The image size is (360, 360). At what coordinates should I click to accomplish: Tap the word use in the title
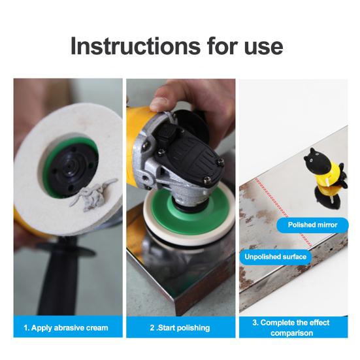(x=264, y=48)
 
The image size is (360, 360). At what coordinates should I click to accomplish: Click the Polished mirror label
(x=312, y=225)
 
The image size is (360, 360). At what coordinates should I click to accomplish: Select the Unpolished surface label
(x=275, y=257)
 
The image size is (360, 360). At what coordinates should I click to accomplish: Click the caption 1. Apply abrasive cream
(x=66, y=327)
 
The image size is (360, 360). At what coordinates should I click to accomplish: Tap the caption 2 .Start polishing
(x=180, y=327)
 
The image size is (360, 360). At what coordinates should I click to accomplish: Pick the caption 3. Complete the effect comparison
(x=291, y=327)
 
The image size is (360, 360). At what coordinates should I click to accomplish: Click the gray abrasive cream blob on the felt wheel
(x=93, y=195)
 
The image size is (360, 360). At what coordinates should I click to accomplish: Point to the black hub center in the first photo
(x=72, y=170)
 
